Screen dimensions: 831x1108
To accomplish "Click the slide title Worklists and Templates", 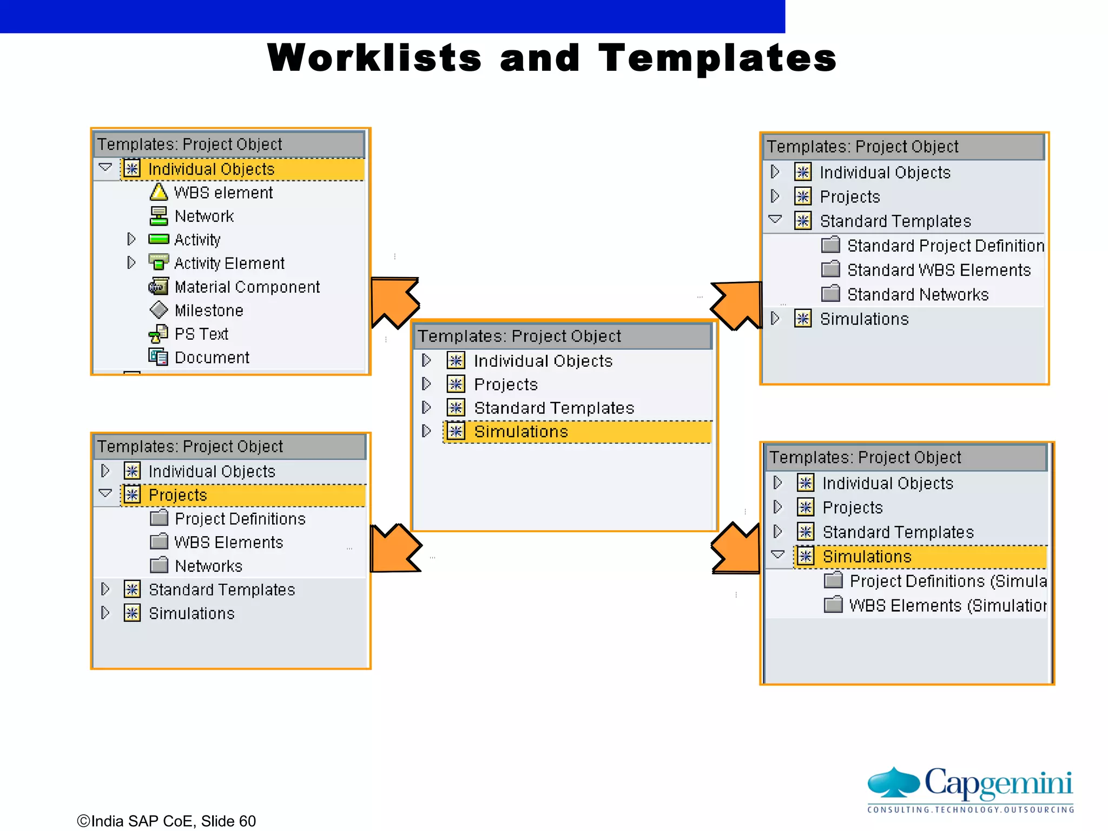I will [552, 58].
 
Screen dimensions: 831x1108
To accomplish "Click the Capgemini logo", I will [971, 789].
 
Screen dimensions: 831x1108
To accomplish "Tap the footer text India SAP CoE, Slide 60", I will [167, 821].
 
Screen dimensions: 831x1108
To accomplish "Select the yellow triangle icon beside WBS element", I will [159, 192].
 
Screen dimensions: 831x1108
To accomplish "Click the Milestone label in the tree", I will [209, 311].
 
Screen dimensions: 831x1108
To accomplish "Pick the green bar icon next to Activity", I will [159, 239].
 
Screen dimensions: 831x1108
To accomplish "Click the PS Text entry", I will [201, 334].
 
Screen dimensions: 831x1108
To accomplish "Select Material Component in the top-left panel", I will [247, 287].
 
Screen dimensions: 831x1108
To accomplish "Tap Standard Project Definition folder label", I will [945, 246].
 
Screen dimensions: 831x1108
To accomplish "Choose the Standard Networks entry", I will [918, 294].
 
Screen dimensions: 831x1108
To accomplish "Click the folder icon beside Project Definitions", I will [159, 518].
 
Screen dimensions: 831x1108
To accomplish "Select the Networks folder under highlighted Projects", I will [208, 566].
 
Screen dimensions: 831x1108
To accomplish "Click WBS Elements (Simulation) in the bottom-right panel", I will [947, 605].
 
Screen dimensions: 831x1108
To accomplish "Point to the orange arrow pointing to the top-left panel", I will [394, 301].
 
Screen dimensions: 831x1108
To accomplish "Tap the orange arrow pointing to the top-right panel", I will [737, 304].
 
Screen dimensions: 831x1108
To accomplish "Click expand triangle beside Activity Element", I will [131, 263].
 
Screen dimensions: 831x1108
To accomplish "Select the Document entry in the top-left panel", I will [212, 358].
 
